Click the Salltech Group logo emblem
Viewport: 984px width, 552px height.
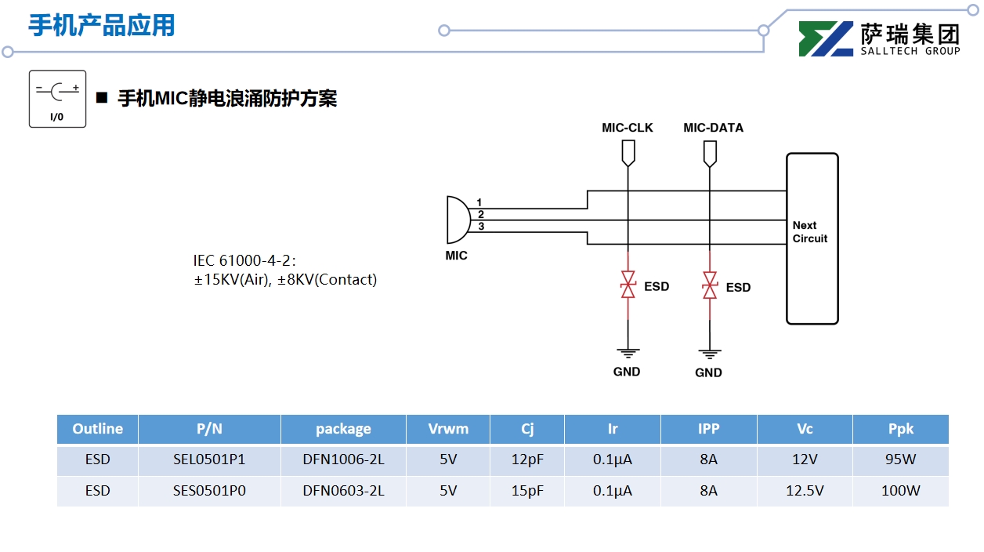(826, 38)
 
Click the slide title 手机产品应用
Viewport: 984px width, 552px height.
(102, 25)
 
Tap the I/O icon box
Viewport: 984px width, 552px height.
(57, 99)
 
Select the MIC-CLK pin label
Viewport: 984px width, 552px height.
(627, 128)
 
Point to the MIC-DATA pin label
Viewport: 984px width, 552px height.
(713, 128)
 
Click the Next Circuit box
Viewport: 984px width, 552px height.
(812, 238)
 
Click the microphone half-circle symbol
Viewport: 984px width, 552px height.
(457, 220)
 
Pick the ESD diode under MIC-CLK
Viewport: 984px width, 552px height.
(628, 285)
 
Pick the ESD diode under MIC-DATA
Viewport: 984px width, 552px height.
(710, 286)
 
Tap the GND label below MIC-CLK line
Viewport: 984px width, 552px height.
(627, 372)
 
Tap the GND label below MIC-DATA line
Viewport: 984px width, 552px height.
(708, 372)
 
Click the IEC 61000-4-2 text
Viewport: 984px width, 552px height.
(244, 260)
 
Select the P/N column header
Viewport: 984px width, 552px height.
(209, 429)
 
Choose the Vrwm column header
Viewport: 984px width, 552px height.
(448, 429)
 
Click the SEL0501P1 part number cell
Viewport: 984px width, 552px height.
(209, 459)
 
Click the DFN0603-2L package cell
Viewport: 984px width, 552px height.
(343, 491)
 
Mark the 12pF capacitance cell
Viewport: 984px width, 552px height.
(527, 459)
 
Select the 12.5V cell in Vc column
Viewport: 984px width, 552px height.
(805, 491)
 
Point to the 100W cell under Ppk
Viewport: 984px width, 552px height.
(901, 491)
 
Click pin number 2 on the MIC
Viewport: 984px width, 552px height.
(480, 214)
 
